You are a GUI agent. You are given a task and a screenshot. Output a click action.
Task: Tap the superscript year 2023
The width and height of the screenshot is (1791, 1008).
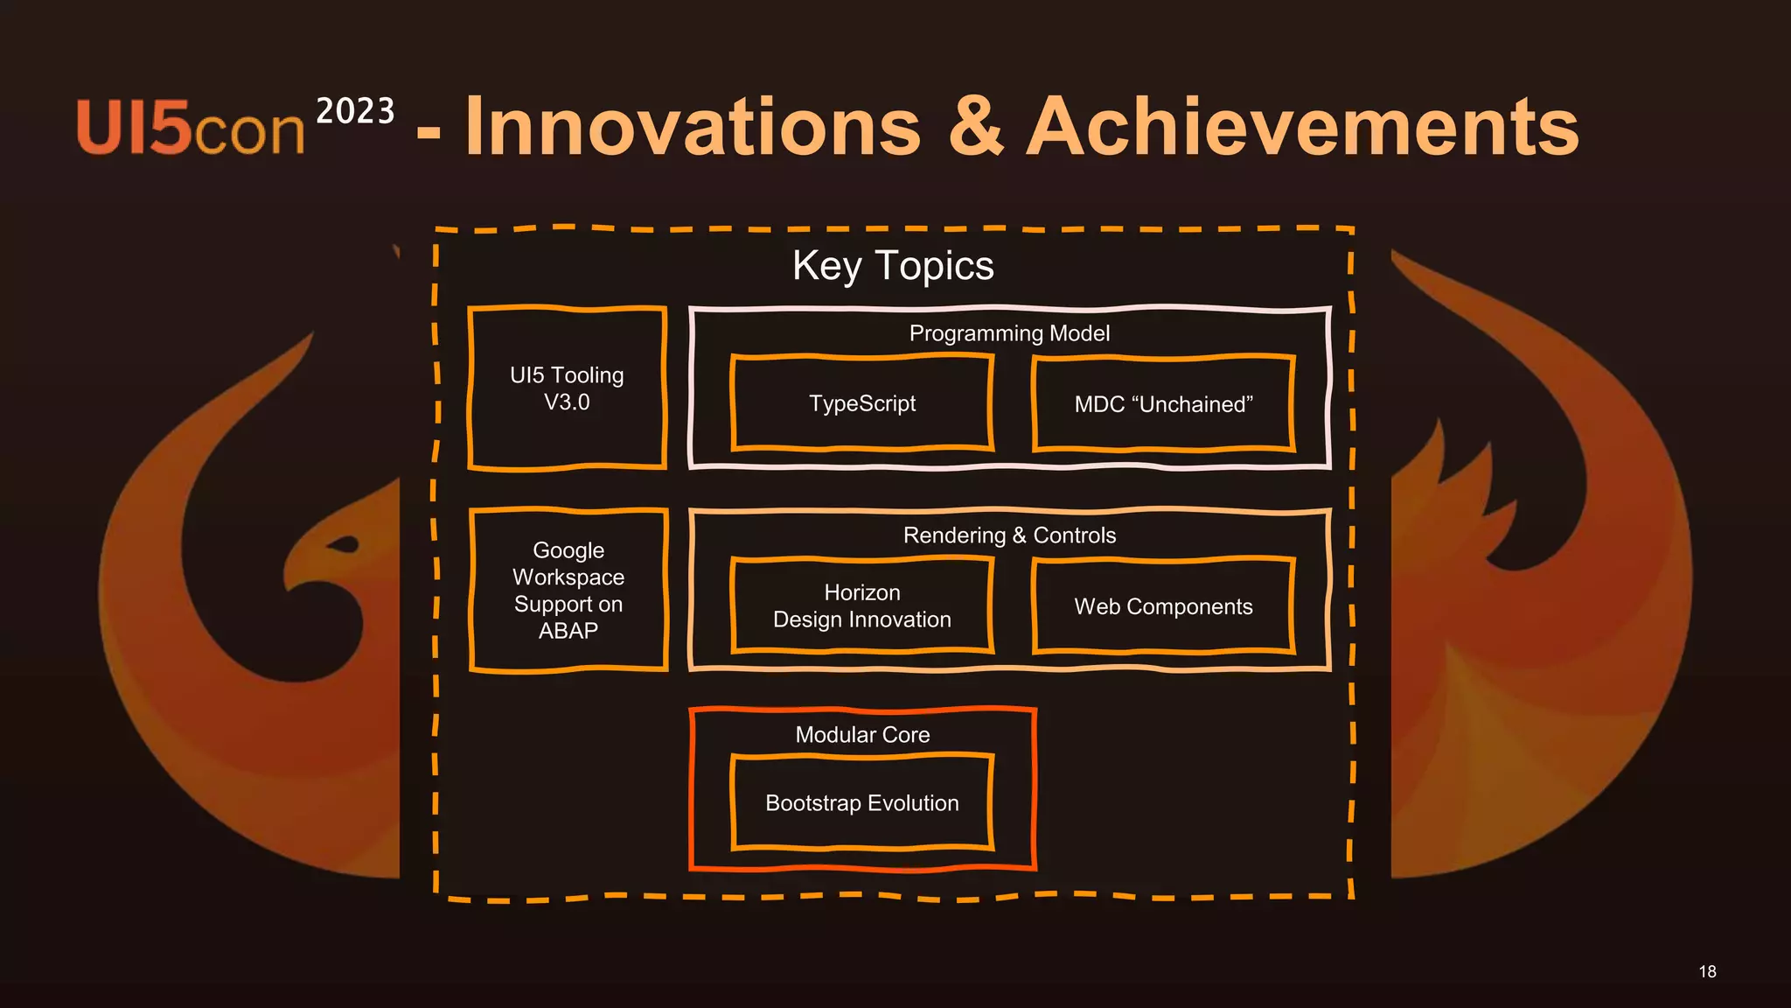(x=355, y=111)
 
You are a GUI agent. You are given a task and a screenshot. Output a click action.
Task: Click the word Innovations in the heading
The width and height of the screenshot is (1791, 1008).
(x=693, y=128)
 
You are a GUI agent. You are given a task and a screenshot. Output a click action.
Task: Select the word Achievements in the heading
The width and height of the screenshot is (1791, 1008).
(x=1302, y=128)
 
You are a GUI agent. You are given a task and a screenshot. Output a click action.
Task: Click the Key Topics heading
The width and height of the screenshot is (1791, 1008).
(x=893, y=265)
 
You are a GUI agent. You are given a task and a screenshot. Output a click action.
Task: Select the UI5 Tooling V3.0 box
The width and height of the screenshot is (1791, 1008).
(x=568, y=388)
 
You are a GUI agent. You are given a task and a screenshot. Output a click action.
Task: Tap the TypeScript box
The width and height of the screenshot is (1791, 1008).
(x=862, y=403)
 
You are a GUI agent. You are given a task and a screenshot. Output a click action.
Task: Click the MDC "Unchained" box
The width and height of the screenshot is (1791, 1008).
(x=1163, y=404)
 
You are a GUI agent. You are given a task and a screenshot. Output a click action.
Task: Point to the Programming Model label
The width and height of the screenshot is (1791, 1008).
(x=1009, y=333)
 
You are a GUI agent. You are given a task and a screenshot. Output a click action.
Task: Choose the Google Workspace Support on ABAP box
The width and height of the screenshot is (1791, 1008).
(x=568, y=590)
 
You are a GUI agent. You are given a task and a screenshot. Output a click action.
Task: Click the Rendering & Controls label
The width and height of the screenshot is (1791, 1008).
(x=1009, y=535)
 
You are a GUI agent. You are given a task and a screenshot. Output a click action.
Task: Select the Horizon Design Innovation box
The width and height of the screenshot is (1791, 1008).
(x=862, y=605)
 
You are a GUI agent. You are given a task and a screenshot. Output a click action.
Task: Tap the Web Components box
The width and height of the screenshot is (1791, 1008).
(x=1163, y=606)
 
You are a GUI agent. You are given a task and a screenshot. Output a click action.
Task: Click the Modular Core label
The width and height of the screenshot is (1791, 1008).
(x=862, y=735)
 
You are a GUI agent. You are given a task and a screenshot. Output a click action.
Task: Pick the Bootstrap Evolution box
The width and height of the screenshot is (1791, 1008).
(x=862, y=803)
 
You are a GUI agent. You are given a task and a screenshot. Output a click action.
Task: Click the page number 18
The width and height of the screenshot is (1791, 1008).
(x=1707, y=971)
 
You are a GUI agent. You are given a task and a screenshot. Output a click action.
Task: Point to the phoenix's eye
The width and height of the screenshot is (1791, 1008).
(x=345, y=546)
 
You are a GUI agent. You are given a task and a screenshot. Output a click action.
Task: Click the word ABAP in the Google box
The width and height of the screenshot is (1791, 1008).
(x=568, y=631)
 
